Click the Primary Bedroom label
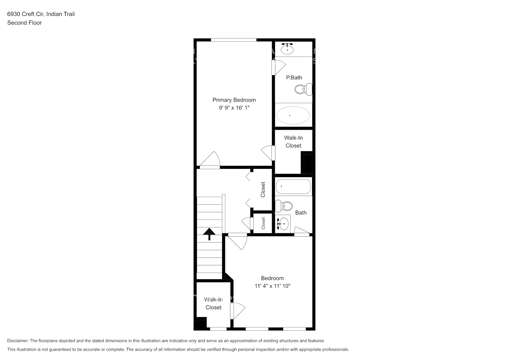point(234,100)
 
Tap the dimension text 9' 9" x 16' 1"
point(234,108)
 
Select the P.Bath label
point(294,77)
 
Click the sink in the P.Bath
point(287,49)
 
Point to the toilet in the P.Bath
point(303,89)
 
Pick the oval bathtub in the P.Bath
point(293,115)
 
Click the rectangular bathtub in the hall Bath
point(293,186)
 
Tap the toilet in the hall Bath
point(284,206)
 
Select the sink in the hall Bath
point(283,224)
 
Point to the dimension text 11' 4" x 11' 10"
point(272,286)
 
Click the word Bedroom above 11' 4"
point(272,278)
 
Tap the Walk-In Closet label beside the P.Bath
point(293,141)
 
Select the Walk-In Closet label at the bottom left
point(213,303)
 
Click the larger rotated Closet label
point(263,189)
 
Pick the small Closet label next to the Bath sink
point(263,223)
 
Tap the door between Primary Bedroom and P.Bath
point(278,67)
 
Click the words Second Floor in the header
point(24,23)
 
